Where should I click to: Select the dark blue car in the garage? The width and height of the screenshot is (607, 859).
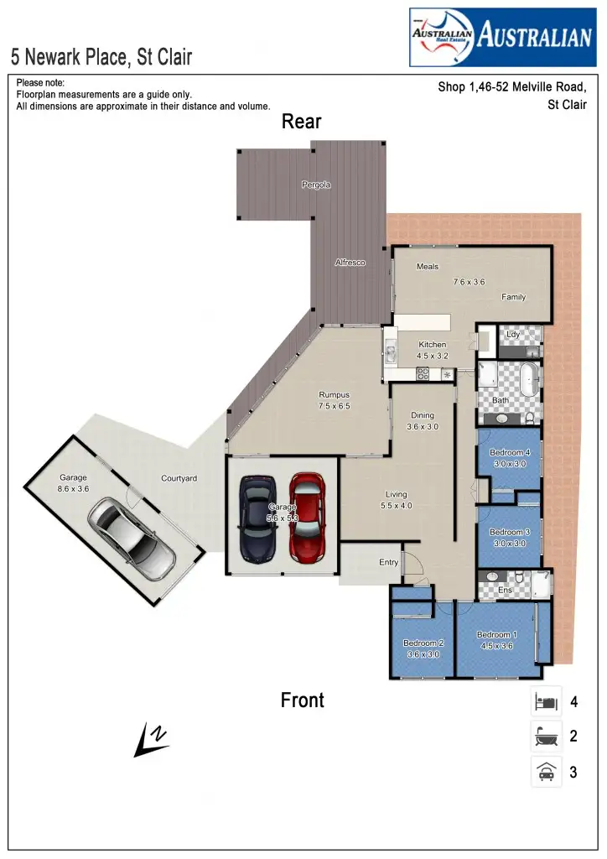257,519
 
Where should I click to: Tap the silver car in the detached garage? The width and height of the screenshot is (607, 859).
134,538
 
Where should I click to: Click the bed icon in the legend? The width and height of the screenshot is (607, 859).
546,701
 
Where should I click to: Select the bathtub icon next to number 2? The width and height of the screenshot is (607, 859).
546,737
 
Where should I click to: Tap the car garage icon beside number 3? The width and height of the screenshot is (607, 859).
546,772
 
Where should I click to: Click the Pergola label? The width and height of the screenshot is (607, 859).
316,185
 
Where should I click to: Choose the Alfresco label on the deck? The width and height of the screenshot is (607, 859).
350,263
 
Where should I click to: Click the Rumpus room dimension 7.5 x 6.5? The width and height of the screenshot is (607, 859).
334,406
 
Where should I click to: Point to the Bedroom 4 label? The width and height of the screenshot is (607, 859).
509,453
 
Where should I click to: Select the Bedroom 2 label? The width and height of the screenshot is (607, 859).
423,643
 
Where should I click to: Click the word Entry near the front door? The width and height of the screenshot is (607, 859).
388,562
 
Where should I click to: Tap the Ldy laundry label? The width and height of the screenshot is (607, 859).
513,334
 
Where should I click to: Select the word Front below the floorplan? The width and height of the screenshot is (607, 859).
302,700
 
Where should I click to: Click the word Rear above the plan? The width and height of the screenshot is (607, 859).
301,122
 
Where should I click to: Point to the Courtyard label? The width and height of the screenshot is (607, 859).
179,479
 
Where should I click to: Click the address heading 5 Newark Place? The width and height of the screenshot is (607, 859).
101,57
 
